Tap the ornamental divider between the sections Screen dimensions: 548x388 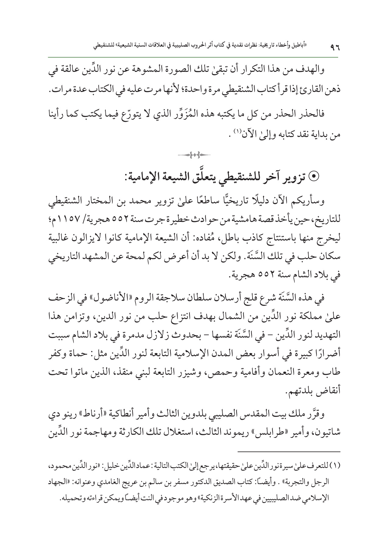(194, 156)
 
